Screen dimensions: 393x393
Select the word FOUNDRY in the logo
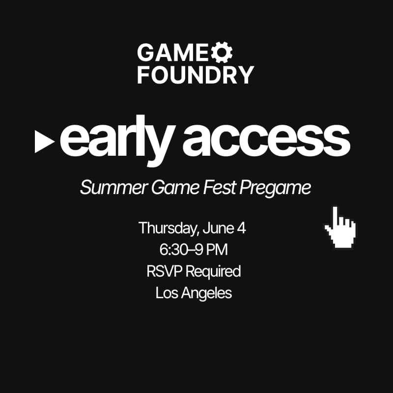tap(196, 74)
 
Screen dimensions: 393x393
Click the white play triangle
tap(45, 141)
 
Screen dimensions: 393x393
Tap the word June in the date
tap(223, 228)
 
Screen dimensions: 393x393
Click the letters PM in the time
tap(217, 250)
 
